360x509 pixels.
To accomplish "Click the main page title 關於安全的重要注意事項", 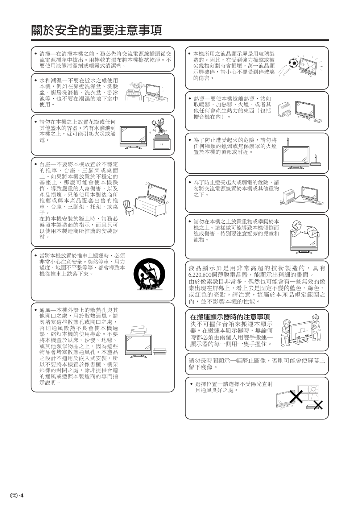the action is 96,30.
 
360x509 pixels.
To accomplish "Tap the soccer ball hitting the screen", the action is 293,63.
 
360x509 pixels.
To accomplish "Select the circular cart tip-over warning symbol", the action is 149,274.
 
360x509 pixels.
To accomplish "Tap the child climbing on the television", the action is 305,229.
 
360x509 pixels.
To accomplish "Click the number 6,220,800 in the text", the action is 201,275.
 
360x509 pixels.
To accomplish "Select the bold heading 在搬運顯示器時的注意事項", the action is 230,316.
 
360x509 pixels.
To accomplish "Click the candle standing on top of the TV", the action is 288,142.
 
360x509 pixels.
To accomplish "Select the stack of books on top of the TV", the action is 139,330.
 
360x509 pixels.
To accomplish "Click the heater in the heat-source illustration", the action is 284,109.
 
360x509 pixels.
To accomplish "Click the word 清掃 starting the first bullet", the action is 45,54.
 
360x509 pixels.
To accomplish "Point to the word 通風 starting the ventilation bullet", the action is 45,310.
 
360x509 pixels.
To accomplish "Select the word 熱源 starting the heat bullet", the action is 199,99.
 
